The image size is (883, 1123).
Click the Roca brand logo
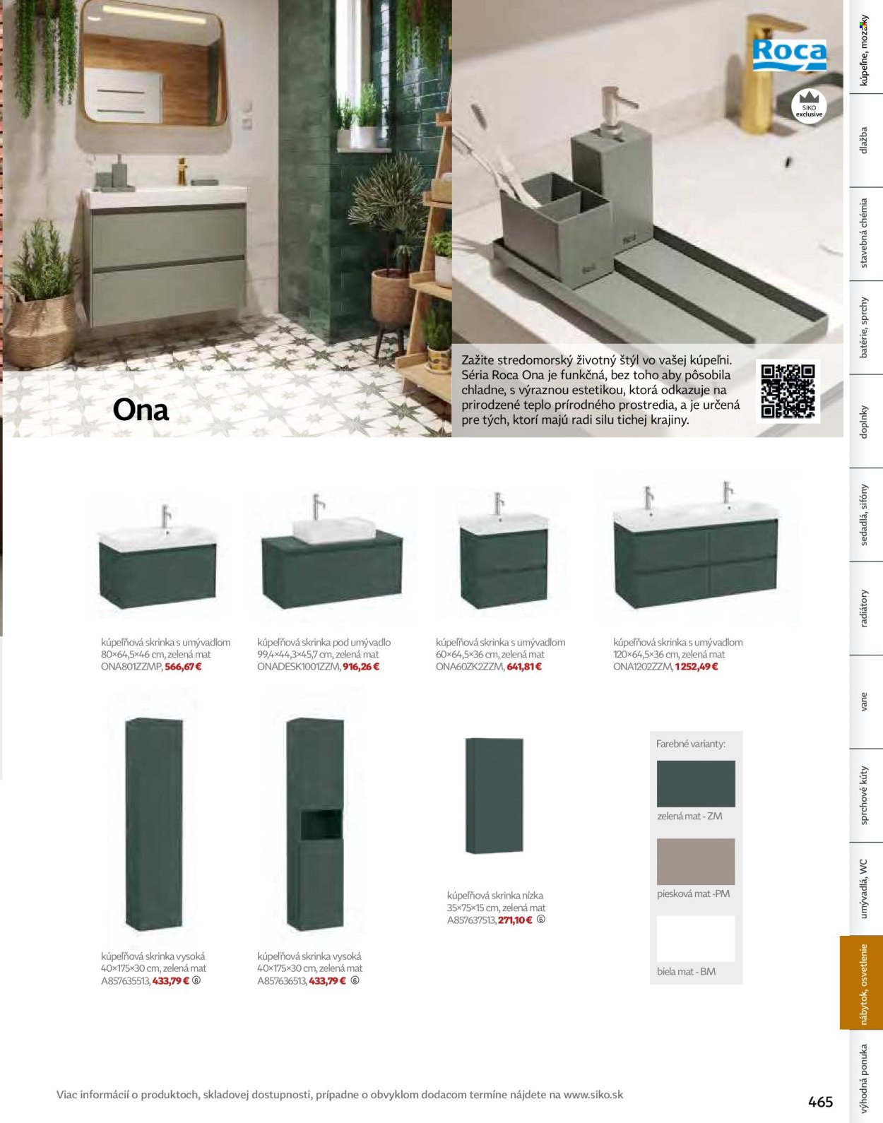tap(790, 55)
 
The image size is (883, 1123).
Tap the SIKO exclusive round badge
tap(809, 106)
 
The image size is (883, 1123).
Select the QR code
tap(788, 391)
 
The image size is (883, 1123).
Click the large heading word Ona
tap(141, 410)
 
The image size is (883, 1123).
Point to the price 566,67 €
tap(183, 667)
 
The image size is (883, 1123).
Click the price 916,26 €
tap(361, 667)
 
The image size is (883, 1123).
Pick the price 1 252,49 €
tap(697, 667)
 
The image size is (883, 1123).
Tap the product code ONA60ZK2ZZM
tap(470, 667)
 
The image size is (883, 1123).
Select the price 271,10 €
tap(515, 920)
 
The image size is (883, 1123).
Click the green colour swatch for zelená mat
tap(696, 783)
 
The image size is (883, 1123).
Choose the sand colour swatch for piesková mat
tap(696, 862)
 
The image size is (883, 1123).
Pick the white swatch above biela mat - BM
tap(696, 939)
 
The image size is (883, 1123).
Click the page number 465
tap(820, 1101)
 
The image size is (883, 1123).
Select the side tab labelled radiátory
tap(864, 608)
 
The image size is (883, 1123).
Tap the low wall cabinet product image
tap(494, 795)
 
